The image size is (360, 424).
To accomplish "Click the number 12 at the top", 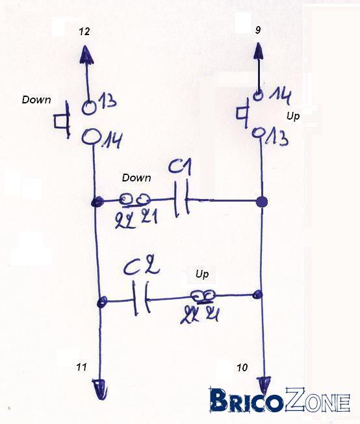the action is pos(84,32).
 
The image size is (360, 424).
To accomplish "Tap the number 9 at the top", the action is pos(258,30).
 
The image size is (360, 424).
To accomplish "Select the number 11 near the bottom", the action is pos(81,367).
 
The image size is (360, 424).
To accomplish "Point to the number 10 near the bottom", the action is pos(242,367).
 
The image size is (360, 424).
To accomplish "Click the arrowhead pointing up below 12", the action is pos(86,55).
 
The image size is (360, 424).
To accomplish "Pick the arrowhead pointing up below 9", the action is pos(259,51).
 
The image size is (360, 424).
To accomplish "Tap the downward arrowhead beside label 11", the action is pos(100,390).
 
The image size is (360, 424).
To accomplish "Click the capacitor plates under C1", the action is pos(181,200).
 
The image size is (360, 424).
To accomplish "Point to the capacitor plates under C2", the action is pos(140,298).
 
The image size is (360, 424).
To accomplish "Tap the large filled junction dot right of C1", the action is pos(261,202).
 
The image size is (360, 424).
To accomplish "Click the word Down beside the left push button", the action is pos(36,99).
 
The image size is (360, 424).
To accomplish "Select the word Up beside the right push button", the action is pos(293,117).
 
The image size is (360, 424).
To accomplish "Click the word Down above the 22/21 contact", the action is pos(136,178).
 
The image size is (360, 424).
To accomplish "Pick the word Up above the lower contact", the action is pos(202,274).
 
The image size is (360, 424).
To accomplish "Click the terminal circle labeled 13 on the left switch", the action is pos(89,108).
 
